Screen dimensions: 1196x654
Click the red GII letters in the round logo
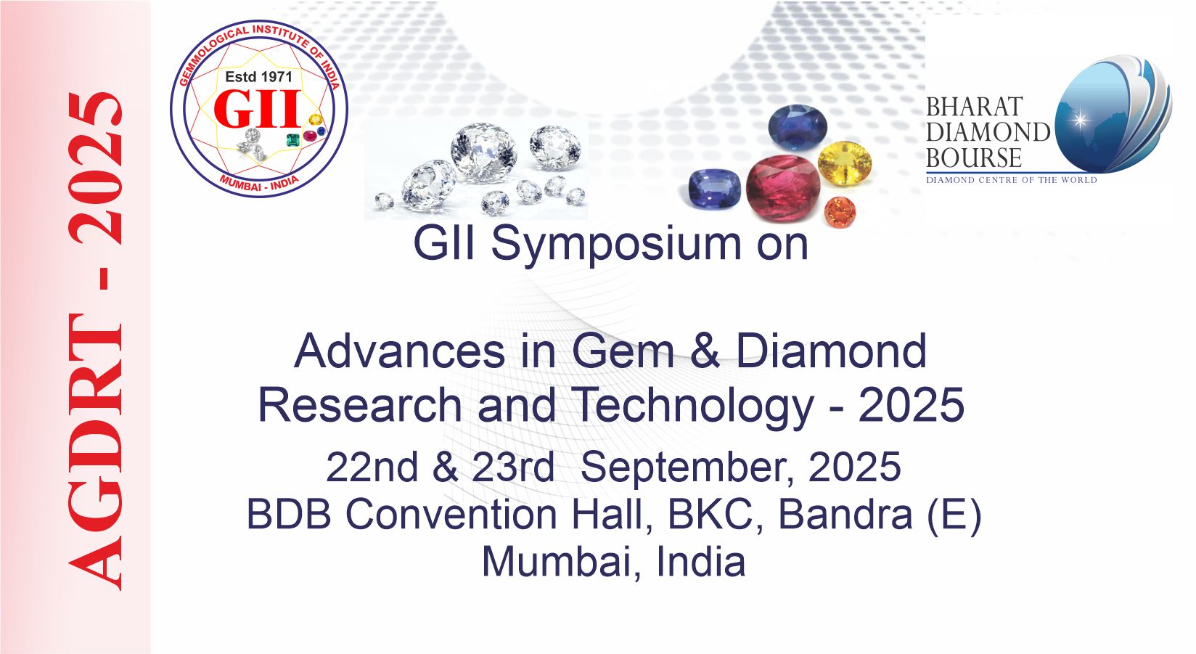258,108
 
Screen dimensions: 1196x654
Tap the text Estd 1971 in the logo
259,77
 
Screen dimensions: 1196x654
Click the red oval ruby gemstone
783,187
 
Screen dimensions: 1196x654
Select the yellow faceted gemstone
845,163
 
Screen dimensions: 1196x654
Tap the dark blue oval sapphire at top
798,127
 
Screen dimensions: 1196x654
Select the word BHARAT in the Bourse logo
975,107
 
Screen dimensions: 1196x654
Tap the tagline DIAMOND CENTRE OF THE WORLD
1011,180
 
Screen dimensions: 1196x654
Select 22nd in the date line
372,467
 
